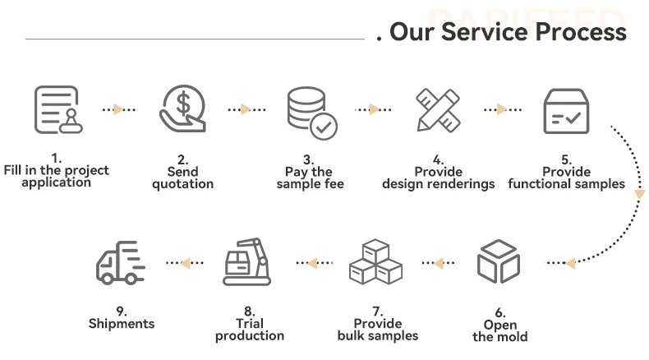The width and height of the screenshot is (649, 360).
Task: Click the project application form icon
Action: (x=57, y=109)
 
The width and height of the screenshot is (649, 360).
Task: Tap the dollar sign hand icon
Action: (x=182, y=109)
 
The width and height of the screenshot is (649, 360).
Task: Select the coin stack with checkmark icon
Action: (x=311, y=112)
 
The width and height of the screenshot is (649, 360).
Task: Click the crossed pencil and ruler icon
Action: (x=438, y=109)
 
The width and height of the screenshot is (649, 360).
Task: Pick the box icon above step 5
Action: (x=567, y=110)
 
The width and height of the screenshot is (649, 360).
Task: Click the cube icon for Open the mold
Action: (x=499, y=261)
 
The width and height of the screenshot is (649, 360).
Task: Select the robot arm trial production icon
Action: (x=247, y=261)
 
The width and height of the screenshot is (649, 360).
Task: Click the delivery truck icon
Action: (x=121, y=262)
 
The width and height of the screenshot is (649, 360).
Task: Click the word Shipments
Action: (x=122, y=324)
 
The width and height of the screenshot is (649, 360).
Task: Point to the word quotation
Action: (x=183, y=184)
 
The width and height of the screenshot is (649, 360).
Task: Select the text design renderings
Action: (x=438, y=184)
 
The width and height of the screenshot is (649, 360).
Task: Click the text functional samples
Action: (x=566, y=184)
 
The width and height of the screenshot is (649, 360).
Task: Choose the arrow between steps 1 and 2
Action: (x=119, y=109)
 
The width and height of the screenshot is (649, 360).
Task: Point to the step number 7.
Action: (x=377, y=312)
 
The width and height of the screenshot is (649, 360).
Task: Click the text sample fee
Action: (x=310, y=184)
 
